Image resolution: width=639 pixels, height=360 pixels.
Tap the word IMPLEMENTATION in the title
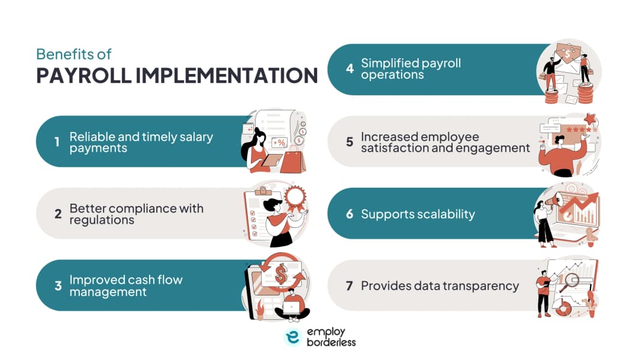click(227, 75)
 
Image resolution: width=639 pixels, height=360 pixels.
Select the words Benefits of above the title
click(74, 54)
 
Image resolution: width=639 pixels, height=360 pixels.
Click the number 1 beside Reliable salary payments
click(57, 142)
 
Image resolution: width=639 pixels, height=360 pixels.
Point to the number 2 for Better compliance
click(58, 214)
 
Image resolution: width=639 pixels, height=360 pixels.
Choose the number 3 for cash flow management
click(58, 285)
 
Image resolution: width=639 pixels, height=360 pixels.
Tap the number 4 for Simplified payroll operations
click(350, 69)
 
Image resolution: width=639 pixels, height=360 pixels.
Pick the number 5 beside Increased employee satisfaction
click(350, 142)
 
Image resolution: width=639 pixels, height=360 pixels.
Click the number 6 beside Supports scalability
click(350, 214)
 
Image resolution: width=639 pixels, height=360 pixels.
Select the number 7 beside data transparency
click(349, 285)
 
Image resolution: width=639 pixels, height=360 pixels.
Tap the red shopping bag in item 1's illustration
click(293, 160)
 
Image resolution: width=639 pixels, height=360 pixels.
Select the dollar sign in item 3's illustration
click(281, 274)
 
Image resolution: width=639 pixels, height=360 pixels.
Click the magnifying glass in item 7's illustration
click(570, 282)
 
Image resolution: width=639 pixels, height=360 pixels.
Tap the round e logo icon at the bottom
click(293, 337)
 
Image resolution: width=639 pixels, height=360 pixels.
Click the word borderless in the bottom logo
click(331, 342)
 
